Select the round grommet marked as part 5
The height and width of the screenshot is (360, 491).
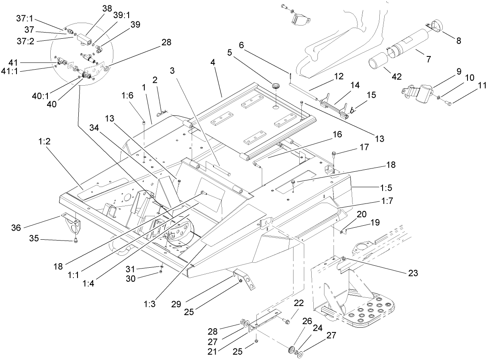tap(275, 86)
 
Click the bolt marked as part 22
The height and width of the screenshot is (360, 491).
tap(286, 319)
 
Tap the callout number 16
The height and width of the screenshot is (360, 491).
tap(337, 134)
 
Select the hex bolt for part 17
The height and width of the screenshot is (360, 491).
tap(334, 154)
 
